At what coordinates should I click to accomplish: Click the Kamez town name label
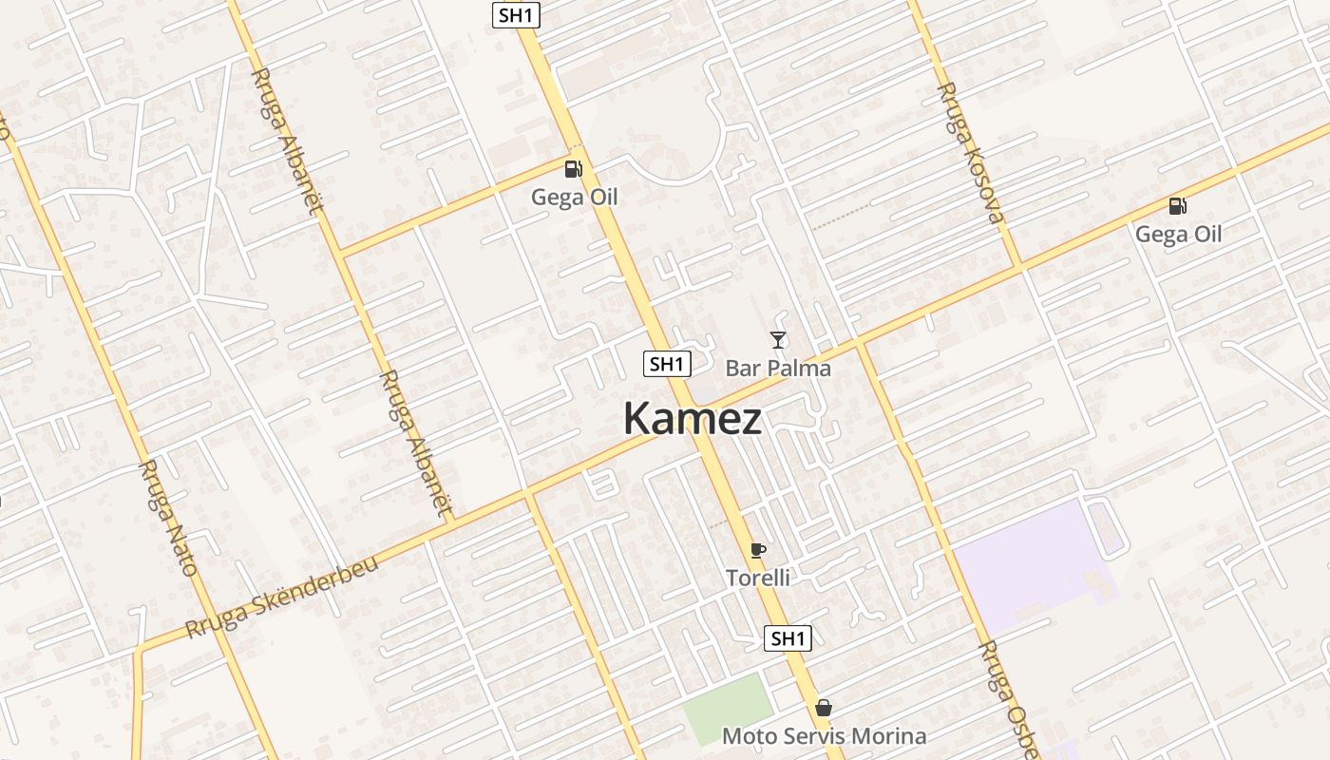tap(693, 419)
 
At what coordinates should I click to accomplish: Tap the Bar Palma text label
tap(778, 368)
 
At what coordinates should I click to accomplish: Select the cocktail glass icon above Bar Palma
tap(778, 339)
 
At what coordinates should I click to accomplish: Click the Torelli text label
tap(757, 577)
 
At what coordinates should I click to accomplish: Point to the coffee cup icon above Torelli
tap(757, 549)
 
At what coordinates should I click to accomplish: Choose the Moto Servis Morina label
tap(824, 735)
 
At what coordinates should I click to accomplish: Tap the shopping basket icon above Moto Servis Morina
tap(824, 708)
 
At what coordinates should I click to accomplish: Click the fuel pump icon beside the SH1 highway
tap(573, 169)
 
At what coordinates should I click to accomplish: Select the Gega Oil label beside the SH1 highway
tap(574, 197)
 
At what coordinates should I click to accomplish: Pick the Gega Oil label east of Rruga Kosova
tap(1178, 234)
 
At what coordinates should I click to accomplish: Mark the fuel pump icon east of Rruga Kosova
tap(1177, 205)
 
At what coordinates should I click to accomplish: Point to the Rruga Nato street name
tap(168, 518)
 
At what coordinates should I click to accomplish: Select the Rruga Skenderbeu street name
tap(282, 596)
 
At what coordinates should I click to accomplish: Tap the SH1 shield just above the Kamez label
tap(667, 363)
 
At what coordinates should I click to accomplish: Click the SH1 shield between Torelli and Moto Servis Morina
tap(788, 638)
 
